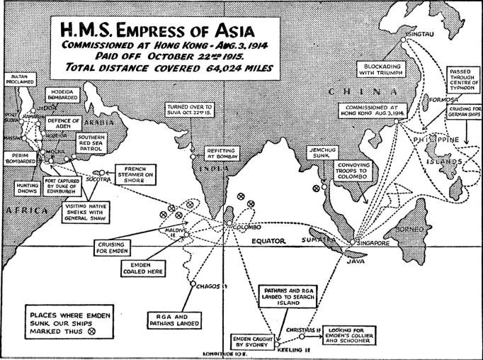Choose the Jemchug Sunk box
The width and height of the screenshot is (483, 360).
click(x=323, y=154)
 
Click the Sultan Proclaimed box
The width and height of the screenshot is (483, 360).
click(x=19, y=79)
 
